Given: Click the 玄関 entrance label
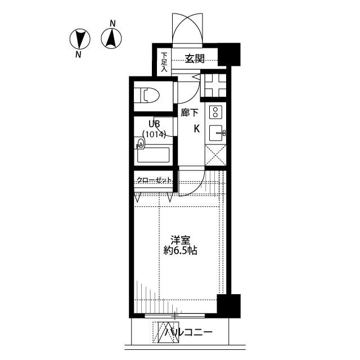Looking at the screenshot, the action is pos(195,58).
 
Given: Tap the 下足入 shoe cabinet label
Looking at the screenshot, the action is pos(164,62).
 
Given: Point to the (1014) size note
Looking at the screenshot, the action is pos(154,134).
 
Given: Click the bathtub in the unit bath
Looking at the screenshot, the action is pos(154,155).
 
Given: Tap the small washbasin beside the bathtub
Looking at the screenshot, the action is pos(140,143).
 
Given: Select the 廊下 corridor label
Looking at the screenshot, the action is pos(190,112).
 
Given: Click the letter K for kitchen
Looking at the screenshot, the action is pos(197,129).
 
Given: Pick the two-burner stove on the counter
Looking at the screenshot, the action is pos(215,112).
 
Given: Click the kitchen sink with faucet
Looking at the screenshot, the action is pos(217,133).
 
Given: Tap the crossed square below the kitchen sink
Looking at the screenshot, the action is pos(215,155).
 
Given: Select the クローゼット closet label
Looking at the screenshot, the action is pos(154,180).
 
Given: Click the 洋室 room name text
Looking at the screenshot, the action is pos(180,240).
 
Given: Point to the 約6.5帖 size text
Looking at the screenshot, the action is pos(180,250).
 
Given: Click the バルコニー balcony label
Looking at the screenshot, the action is pos(188,332).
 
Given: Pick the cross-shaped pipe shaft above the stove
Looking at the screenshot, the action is pos(214,85).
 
